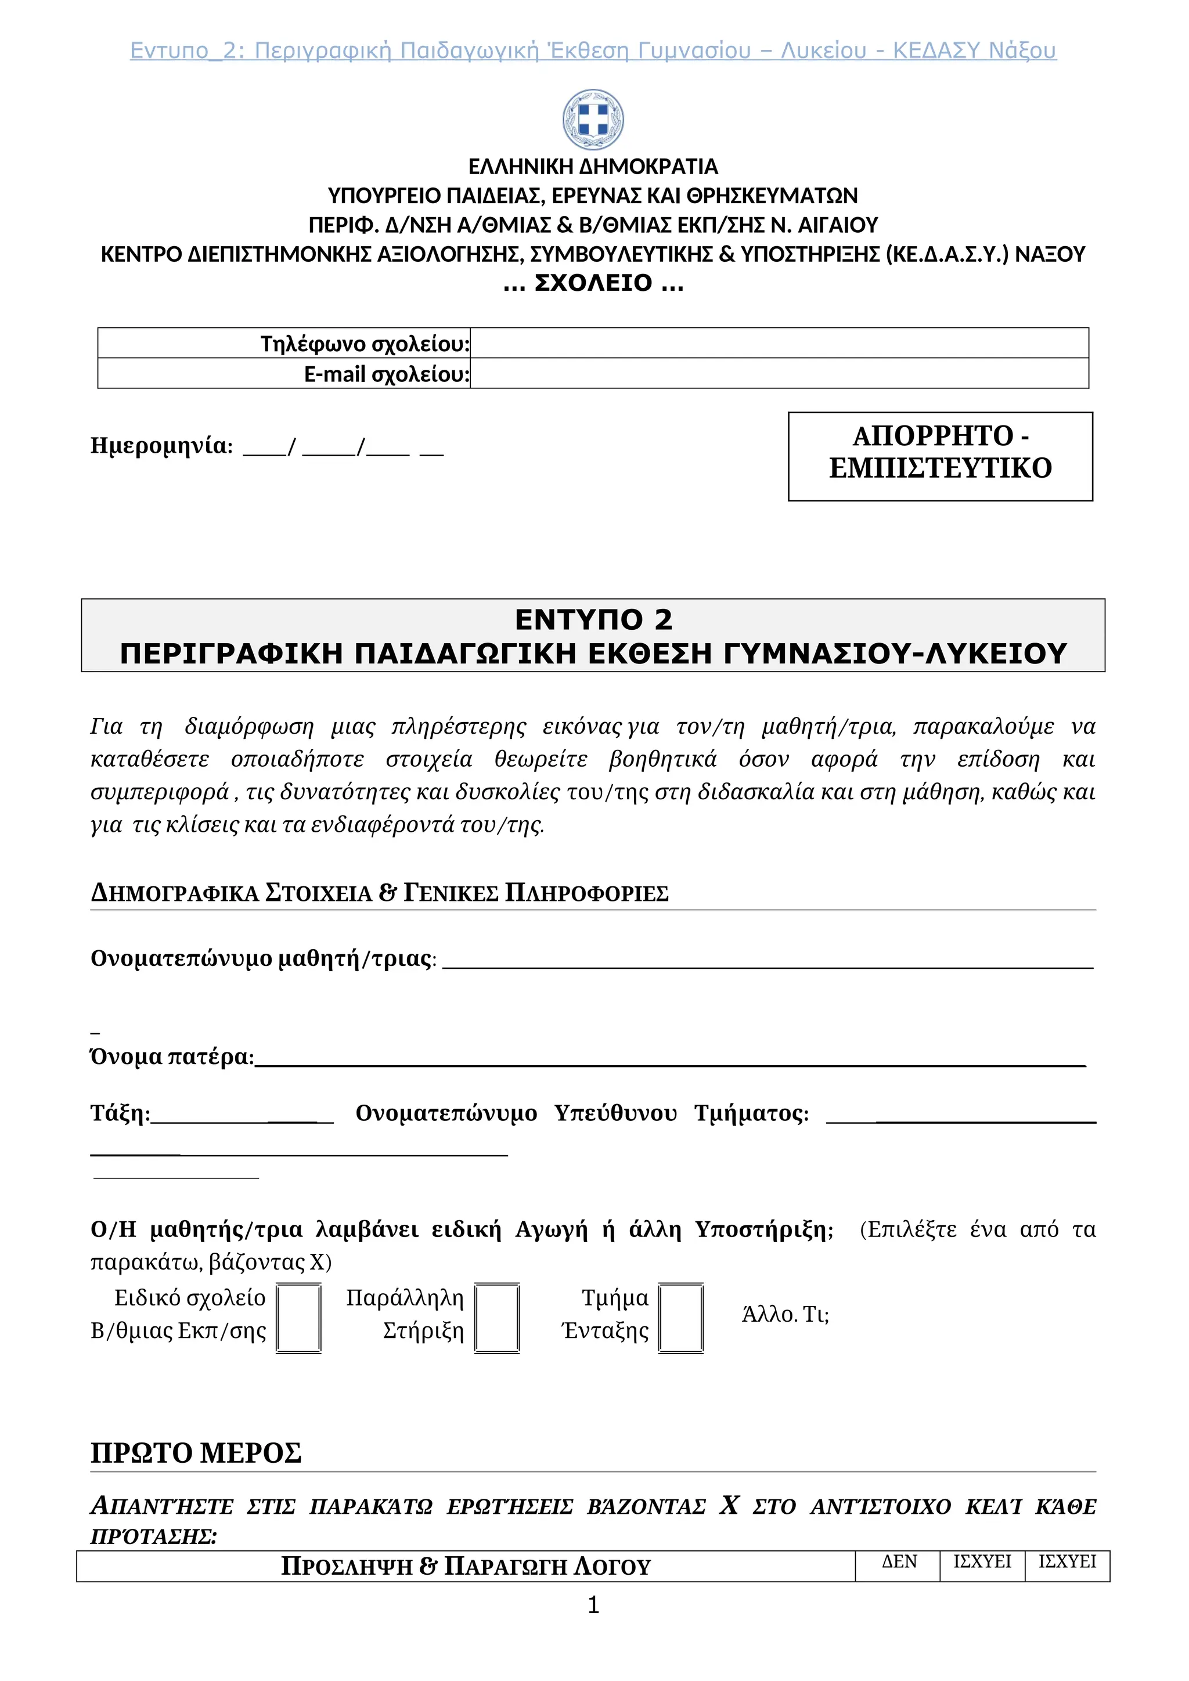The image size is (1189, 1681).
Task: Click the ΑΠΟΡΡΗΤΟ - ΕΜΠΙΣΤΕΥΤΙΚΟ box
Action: click(x=940, y=456)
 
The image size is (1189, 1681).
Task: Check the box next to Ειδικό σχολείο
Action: click(x=299, y=1317)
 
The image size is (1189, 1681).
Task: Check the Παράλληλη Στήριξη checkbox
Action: click(x=497, y=1317)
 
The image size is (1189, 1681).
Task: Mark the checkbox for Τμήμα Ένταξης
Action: click(x=681, y=1317)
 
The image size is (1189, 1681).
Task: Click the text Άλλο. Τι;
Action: click(x=785, y=1314)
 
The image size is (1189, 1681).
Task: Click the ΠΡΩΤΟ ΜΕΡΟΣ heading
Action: click(x=196, y=1452)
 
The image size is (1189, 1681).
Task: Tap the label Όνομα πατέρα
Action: click(x=172, y=1056)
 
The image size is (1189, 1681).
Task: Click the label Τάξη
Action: click(x=120, y=1113)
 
